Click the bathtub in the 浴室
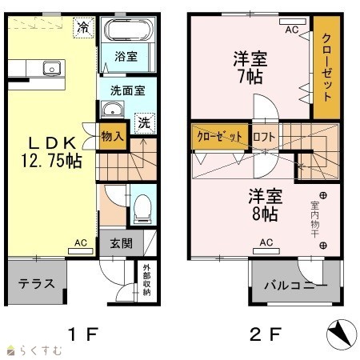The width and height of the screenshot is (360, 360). click(129, 30)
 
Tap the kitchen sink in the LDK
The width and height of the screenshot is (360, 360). click(52, 69)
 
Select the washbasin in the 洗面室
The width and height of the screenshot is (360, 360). click(113, 110)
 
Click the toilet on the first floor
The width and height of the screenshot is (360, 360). click(142, 209)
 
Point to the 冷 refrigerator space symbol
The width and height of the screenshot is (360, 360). click(83, 27)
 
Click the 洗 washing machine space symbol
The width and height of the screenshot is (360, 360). click(145, 123)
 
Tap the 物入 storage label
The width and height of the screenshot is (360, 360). click(113, 137)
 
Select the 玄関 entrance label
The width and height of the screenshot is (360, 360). click(122, 243)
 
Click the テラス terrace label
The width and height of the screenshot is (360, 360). click(37, 283)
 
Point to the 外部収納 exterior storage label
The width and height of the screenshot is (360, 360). click(146, 279)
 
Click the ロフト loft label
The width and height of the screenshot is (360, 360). click(264, 137)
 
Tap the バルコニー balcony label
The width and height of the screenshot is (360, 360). click(295, 286)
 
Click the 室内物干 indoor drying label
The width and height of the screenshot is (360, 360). click(315, 219)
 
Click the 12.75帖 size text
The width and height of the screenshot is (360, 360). click(51, 161)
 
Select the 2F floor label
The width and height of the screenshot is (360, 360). click(266, 334)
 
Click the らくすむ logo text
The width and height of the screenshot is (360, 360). click(41, 350)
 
